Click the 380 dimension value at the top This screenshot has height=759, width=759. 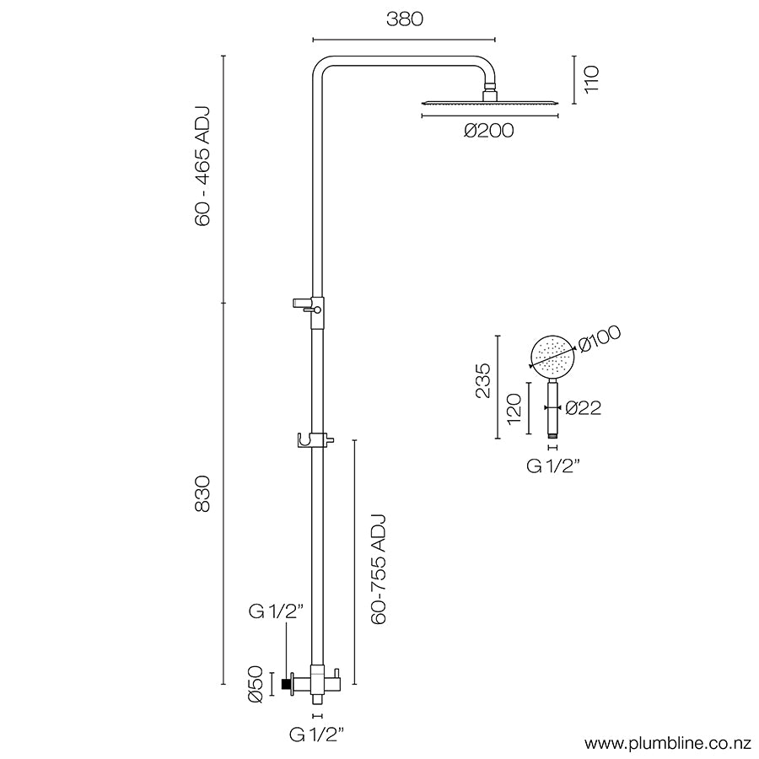point(404,19)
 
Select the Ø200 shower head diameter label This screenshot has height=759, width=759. point(487,130)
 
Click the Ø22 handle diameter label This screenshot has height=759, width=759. point(583,408)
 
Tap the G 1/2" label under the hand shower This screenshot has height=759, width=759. point(554,466)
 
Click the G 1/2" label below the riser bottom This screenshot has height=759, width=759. point(317,735)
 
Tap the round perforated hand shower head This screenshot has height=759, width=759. point(552,358)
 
